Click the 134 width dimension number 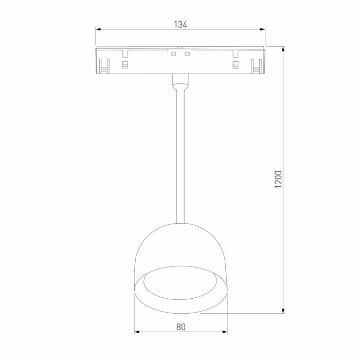coord(180,24)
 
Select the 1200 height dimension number coord(278,179)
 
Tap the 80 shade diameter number coord(181,326)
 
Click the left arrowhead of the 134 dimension coord(98,29)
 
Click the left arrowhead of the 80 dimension coord(137,332)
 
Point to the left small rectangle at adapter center coord(173,53)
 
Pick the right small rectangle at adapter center coord(187,53)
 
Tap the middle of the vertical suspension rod coord(180,154)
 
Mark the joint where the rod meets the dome coord(180,222)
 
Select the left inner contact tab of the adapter coord(124,64)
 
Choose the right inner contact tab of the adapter coord(236,64)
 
